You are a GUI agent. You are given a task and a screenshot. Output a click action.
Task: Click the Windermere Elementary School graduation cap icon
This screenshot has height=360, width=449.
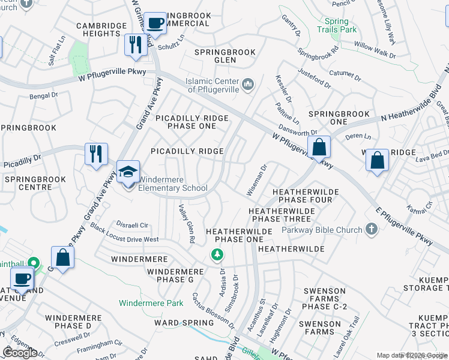tap(128, 171)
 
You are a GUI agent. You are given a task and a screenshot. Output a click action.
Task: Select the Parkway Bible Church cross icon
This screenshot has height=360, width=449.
tap(372, 229)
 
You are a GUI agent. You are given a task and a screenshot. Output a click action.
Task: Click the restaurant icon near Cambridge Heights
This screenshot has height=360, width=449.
tap(136, 44)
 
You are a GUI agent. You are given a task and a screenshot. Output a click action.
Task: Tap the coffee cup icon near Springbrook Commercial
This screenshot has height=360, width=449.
tap(156, 23)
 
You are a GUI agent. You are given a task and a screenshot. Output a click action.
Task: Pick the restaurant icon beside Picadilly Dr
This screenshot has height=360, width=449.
tap(95, 154)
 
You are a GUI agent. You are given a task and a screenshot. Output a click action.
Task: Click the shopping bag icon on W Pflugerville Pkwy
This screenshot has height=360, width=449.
tap(319, 146)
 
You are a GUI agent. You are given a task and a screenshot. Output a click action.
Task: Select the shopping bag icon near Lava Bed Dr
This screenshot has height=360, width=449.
tap(376, 160)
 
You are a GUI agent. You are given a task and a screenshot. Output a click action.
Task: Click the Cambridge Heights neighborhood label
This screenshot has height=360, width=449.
tap(101, 30)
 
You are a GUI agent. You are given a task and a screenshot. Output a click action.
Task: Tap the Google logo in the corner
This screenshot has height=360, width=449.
tap(20, 353)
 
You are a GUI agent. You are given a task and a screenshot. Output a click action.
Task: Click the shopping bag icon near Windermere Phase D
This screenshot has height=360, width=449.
tap(62, 257)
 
